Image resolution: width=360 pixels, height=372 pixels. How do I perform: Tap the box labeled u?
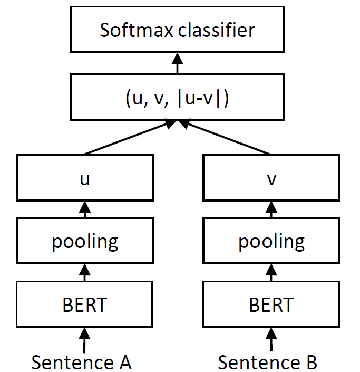click(84, 178)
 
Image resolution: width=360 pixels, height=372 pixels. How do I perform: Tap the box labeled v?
click(271, 178)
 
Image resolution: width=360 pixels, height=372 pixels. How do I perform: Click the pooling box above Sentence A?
click(84, 241)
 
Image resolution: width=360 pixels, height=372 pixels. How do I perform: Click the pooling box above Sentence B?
click(271, 241)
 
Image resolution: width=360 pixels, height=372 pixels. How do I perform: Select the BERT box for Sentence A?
click(84, 304)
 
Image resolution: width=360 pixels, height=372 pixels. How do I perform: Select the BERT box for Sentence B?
click(271, 304)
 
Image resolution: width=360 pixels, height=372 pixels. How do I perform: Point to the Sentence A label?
click(81, 362)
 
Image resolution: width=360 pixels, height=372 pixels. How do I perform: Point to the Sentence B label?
click(268, 362)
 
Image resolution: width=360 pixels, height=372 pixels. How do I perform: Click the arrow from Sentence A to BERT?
click(84, 339)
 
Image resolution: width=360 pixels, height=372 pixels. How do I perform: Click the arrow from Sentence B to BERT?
click(271, 339)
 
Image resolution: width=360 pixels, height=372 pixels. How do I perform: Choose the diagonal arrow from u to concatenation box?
click(127, 138)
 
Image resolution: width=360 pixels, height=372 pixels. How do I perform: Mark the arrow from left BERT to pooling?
click(84, 273)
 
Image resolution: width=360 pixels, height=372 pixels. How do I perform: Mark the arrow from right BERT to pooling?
click(271, 273)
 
